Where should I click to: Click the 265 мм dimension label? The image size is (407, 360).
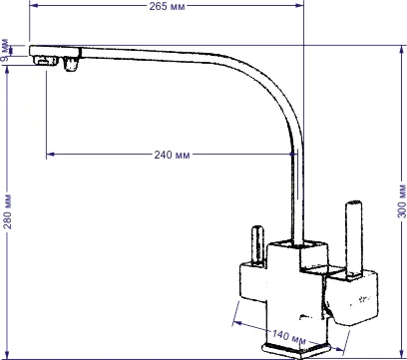point(167,6)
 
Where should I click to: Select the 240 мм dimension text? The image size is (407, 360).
point(172,155)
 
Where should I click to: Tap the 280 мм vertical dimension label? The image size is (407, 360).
point(7,211)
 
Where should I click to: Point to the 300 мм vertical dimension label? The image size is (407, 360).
point(402,200)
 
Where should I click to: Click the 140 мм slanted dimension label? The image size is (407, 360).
point(289,337)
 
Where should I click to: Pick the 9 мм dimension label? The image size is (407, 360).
point(6,51)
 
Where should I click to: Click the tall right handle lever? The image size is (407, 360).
point(353,238)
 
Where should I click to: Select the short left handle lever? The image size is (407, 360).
point(257,245)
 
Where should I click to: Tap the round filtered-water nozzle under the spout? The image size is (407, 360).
point(71,64)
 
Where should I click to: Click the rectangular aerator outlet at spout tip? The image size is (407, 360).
point(46,62)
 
